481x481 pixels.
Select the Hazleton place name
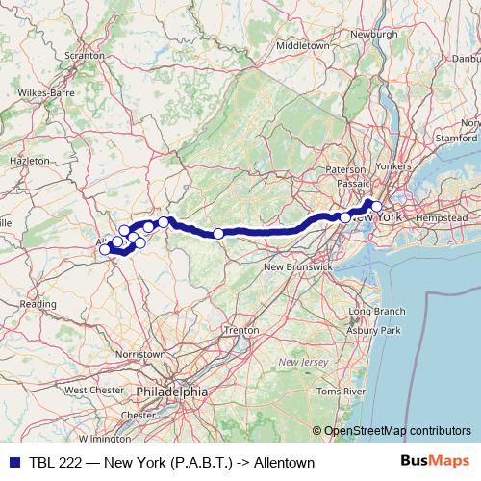click(28, 160)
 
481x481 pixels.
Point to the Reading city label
click(38, 303)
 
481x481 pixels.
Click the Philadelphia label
click(171, 392)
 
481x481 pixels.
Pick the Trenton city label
click(240, 330)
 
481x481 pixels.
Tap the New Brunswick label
click(297, 266)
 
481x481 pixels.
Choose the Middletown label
click(303, 45)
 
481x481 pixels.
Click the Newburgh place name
click(374, 34)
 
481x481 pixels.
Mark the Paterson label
click(346, 169)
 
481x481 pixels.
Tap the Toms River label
click(342, 392)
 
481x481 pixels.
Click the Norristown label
click(139, 354)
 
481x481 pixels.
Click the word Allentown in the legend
click(284, 463)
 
